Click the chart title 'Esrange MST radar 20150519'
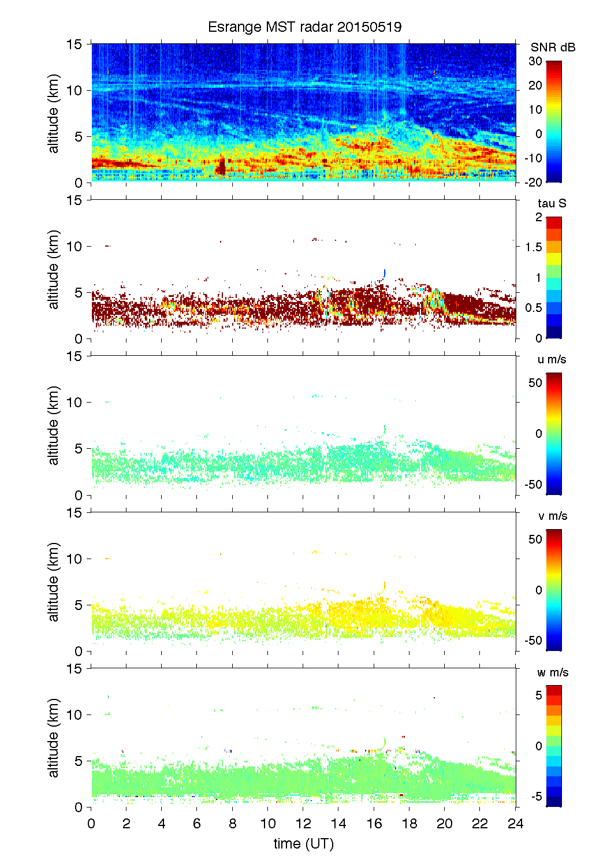[x=304, y=27]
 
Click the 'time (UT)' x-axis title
[x=303, y=844]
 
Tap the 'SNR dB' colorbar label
[x=553, y=47]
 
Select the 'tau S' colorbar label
[x=552, y=203]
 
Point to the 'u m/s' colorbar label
[x=552, y=359]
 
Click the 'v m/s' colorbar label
[x=552, y=516]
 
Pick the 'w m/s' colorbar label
[x=553, y=672]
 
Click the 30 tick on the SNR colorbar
[x=535, y=61]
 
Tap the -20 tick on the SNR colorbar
[x=534, y=183]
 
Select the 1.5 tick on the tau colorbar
[x=533, y=247]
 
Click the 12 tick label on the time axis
[x=303, y=824]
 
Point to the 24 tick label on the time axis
[x=515, y=824]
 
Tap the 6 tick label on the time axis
[x=197, y=824]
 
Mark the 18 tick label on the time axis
[x=409, y=824]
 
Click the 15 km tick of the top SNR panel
[x=75, y=44]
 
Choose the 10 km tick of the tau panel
[x=75, y=247]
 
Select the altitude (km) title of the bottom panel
[x=54, y=738]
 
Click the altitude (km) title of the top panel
[x=54, y=113]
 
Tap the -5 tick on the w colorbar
[x=536, y=797]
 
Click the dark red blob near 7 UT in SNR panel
[x=221, y=168]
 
